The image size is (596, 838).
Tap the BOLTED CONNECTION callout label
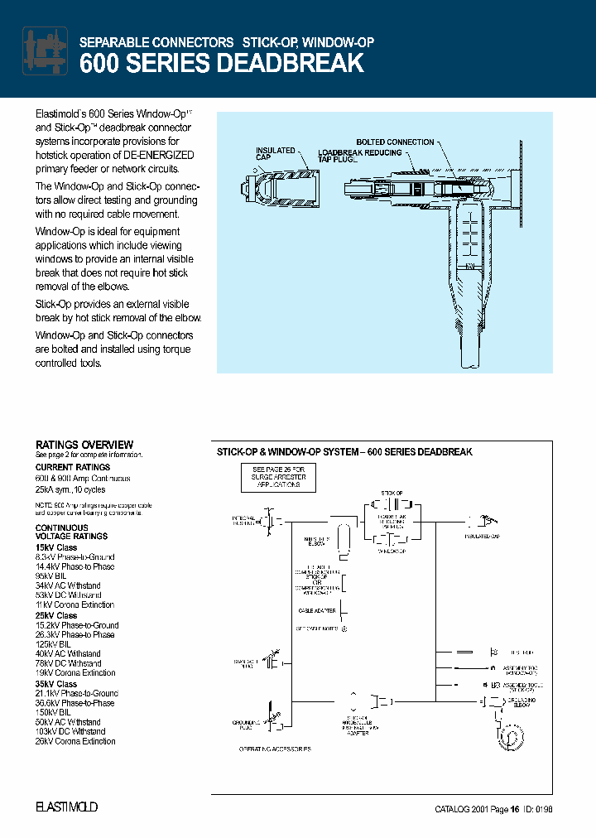395,142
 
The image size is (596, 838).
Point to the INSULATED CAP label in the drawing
275,155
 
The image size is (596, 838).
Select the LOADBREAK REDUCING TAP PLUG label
359,156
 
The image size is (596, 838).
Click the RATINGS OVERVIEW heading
84,445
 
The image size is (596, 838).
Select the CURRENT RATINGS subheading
73,467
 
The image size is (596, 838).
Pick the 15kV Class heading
56,547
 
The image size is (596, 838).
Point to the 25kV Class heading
56,615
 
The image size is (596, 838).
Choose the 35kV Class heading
56,684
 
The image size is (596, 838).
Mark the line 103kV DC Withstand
70,732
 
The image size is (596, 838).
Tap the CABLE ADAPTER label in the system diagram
316,610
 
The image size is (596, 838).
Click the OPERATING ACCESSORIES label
275,749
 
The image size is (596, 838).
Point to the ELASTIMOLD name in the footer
66,807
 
